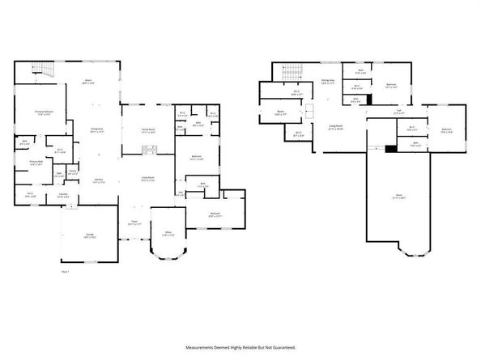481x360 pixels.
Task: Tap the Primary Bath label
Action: [36, 163]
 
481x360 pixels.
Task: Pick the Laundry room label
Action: [62, 194]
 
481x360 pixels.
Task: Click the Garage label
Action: [86, 235]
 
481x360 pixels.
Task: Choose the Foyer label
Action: [134, 222]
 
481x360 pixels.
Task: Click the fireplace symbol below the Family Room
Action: [149, 148]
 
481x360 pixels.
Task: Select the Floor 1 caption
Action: [66, 272]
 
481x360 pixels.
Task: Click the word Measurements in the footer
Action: [204, 347]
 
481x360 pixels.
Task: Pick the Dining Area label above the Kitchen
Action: [97, 130]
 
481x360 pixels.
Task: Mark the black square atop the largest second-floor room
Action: [391, 148]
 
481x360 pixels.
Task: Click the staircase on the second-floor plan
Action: [292, 75]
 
